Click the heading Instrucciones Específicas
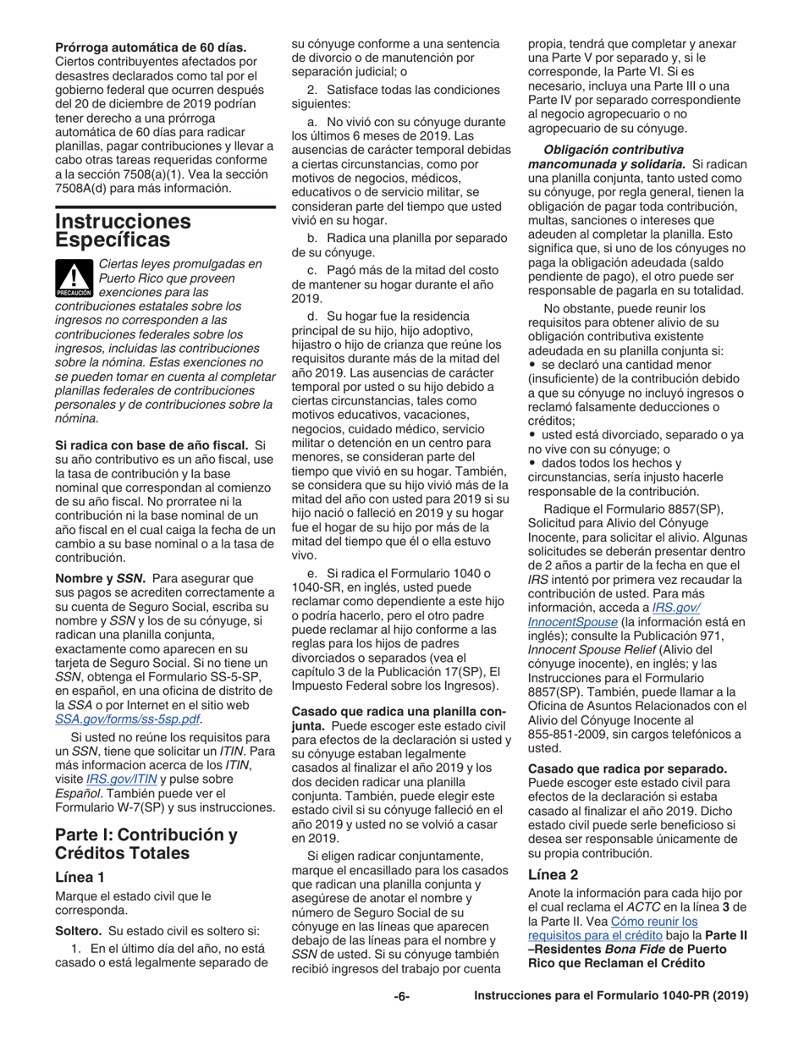[x=123, y=231]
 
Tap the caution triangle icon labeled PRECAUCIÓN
[x=74, y=277]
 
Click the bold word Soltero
[x=78, y=925]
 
